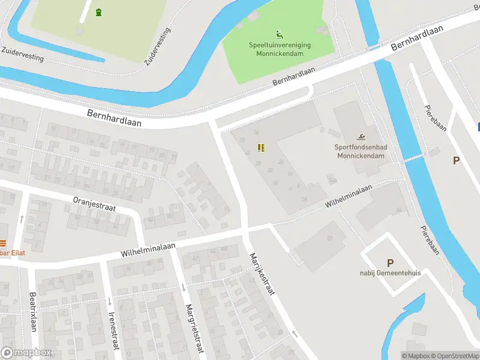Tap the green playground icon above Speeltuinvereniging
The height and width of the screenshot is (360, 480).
coord(279,34)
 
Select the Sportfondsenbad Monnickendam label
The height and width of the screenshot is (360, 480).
coord(359,151)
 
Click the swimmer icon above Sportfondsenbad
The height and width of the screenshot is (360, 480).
coord(361,138)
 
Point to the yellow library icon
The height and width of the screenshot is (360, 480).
coord(260,148)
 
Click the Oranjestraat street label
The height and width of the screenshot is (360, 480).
coord(94,203)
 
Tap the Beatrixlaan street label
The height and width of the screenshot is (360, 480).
coord(34,312)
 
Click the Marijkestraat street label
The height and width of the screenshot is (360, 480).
coord(261,274)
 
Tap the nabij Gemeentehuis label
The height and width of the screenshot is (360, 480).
coord(391,272)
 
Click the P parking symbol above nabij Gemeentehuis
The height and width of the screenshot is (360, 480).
coord(390,262)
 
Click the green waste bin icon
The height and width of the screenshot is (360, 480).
coord(98,11)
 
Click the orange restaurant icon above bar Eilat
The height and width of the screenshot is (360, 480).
coord(2,243)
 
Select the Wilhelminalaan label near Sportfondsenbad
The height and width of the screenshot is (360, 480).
coord(349,196)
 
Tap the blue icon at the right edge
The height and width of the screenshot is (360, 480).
coord(478,127)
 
